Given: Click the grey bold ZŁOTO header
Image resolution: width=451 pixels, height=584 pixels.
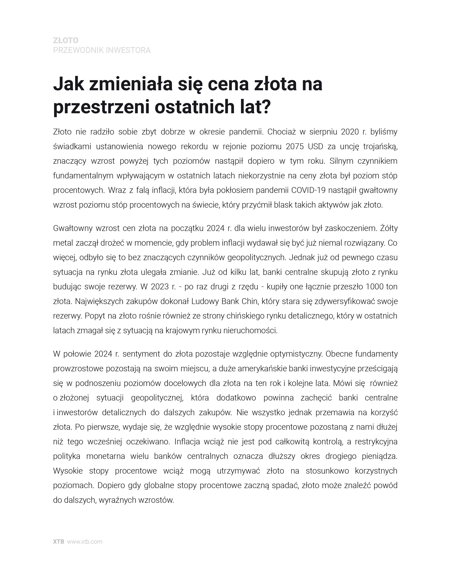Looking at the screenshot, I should point(66,40).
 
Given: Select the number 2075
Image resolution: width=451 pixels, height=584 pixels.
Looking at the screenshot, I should point(295,147).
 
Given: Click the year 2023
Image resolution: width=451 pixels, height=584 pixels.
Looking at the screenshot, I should point(160,287).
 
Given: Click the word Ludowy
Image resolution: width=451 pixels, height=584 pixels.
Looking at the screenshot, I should point(205,301).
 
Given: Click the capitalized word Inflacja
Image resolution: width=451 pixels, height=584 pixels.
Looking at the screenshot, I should point(187,442).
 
